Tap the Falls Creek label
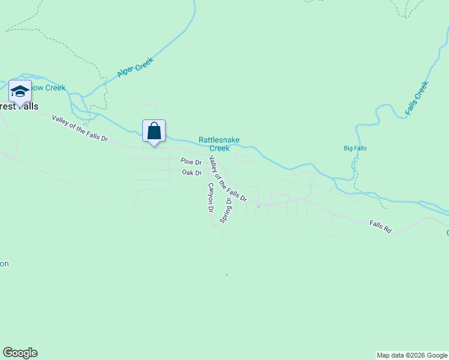click(x=417, y=98)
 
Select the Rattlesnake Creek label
click(x=219, y=144)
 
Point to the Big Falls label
click(x=355, y=148)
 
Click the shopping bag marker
click(x=154, y=130)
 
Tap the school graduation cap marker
click(x=20, y=92)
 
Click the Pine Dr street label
click(x=191, y=161)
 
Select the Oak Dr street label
click(x=191, y=173)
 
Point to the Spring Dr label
click(x=226, y=208)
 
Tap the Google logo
click(x=20, y=353)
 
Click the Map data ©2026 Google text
click(x=411, y=355)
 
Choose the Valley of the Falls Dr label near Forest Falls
click(x=79, y=128)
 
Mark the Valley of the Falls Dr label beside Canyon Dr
click(x=227, y=178)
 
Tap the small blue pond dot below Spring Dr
click(x=226, y=275)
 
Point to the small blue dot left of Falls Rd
click(x=258, y=206)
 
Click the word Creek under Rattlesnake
click(x=219, y=148)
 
